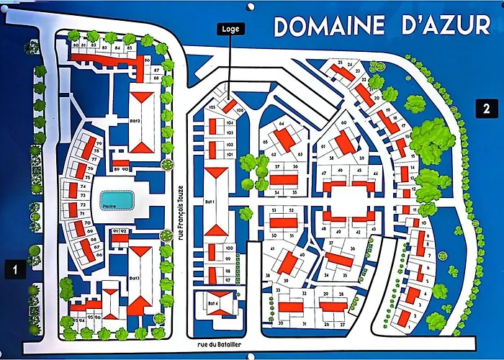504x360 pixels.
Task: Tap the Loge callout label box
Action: click(x=231, y=30)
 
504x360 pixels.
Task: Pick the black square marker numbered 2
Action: click(x=487, y=109)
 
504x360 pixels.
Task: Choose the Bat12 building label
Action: click(x=134, y=121)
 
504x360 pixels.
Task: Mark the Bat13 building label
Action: click(x=134, y=277)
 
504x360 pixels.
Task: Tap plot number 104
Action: click(x=229, y=123)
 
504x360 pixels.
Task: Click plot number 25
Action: click(x=339, y=63)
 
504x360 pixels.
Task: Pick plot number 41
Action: click(x=274, y=248)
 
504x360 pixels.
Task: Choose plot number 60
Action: click(x=343, y=123)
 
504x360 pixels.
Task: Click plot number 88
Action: click(x=156, y=77)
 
